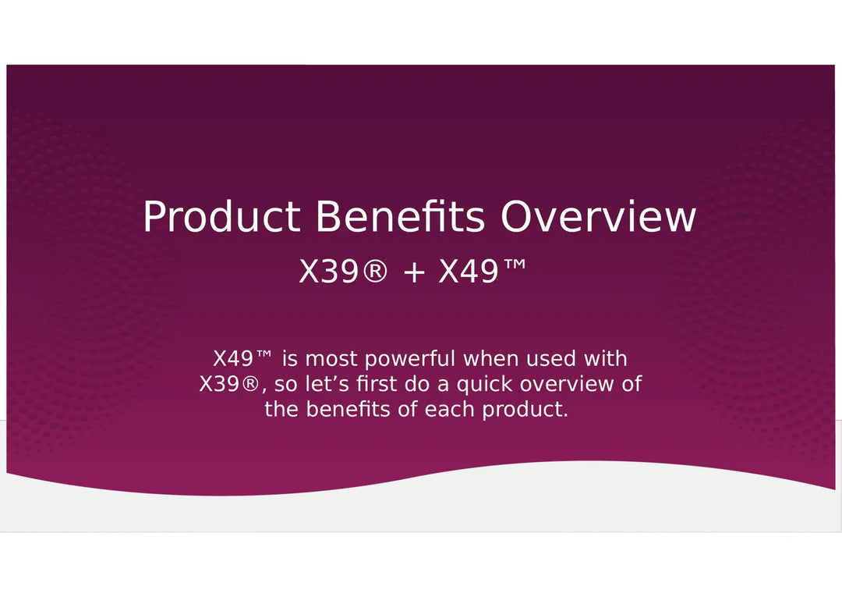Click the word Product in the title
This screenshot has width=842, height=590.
[x=221, y=216]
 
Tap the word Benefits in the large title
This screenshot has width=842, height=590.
[x=400, y=215]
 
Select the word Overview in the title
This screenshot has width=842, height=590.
[x=598, y=216]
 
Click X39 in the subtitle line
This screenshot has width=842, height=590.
[x=328, y=272]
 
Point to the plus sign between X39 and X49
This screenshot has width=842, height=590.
[x=414, y=272]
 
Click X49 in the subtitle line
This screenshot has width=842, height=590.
[x=469, y=272]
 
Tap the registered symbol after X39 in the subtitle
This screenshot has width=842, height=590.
[x=374, y=272]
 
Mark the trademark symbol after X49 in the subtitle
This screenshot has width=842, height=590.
[x=515, y=265]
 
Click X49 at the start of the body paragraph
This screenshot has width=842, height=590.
[x=233, y=358]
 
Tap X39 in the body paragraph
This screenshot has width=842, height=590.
[x=220, y=384]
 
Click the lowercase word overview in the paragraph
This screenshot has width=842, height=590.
[x=567, y=384]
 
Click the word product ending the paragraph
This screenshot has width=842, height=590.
[x=522, y=410]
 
